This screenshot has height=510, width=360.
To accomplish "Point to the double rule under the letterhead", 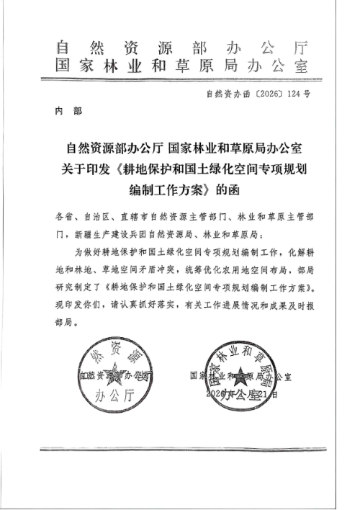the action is [181, 82].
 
